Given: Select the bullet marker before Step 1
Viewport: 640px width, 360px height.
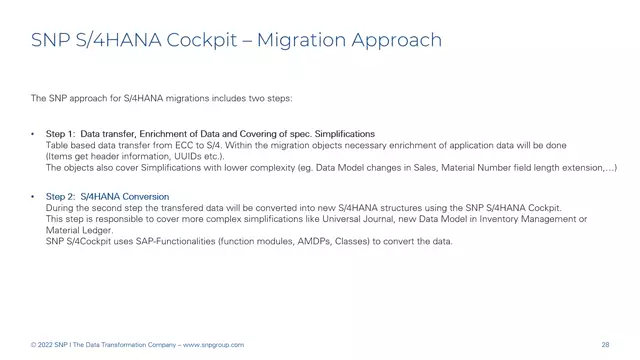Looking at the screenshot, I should coord(34,133).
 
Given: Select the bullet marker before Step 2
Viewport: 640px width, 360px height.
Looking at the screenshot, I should coord(34,196).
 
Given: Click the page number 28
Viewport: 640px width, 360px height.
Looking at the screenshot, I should coord(606,345).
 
